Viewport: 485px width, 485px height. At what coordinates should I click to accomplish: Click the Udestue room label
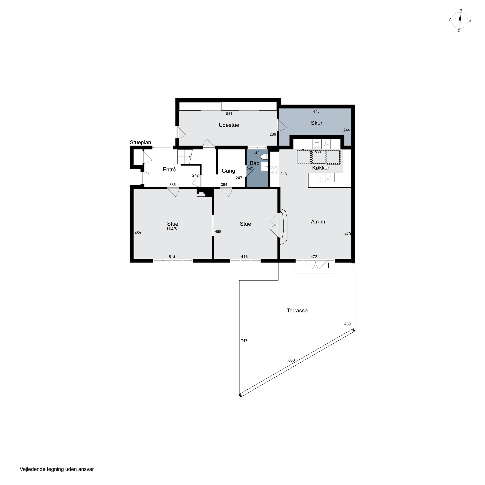(229, 125)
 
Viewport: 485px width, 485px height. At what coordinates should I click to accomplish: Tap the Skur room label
(317, 123)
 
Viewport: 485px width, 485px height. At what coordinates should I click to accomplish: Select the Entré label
(169, 169)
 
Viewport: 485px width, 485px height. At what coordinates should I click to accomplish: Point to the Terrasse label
(297, 311)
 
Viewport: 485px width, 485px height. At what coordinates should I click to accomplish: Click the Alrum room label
(318, 222)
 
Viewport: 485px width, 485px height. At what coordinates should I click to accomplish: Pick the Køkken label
(321, 168)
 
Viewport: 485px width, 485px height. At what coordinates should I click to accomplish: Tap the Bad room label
(255, 163)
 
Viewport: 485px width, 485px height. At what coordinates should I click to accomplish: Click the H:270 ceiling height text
(172, 228)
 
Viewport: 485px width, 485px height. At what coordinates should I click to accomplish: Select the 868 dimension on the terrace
(291, 360)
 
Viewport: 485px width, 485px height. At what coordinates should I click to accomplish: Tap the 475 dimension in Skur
(316, 111)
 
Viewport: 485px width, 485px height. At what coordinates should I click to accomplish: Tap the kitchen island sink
(320, 178)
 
